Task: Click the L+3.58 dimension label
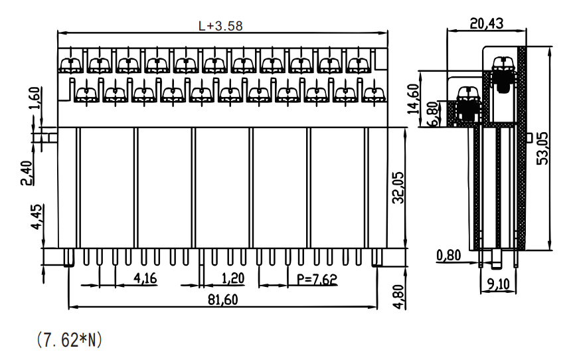tap(220, 26)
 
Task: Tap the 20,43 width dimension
tap(487, 23)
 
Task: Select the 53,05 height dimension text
tap(542, 148)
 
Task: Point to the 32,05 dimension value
tap(398, 187)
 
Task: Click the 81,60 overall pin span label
tap(223, 300)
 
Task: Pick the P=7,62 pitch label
tap(317, 280)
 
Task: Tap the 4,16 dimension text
tap(145, 278)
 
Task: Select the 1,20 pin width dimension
tap(233, 278)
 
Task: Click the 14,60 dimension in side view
tap(413, 99)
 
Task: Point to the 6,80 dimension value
tap(432, 114)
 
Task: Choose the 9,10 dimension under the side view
tap(499, 284)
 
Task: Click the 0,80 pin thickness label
tap(448, 254)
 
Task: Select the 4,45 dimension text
tap(37, 217)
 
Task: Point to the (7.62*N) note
tap(69, 340)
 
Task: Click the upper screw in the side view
tap(503, 73)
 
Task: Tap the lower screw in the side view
tap(467, 104)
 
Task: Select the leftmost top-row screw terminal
tap(71, 64)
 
